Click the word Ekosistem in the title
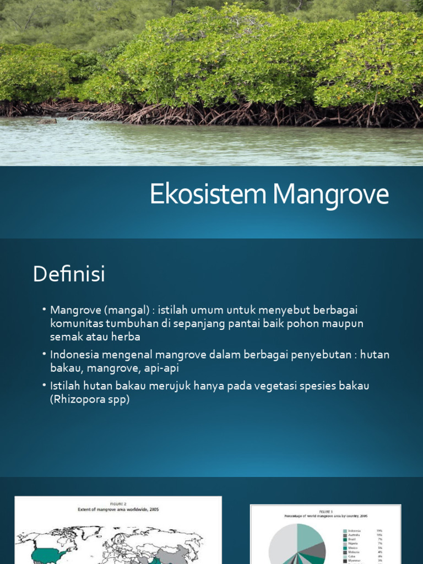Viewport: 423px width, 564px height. pos(209,195)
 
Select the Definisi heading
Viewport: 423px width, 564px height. pos(69,274)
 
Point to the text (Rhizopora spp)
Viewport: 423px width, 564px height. pos(90,399)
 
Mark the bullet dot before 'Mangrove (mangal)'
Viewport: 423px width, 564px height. pos(44,311)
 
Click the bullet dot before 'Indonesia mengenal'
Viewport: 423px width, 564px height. pos(44,354)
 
